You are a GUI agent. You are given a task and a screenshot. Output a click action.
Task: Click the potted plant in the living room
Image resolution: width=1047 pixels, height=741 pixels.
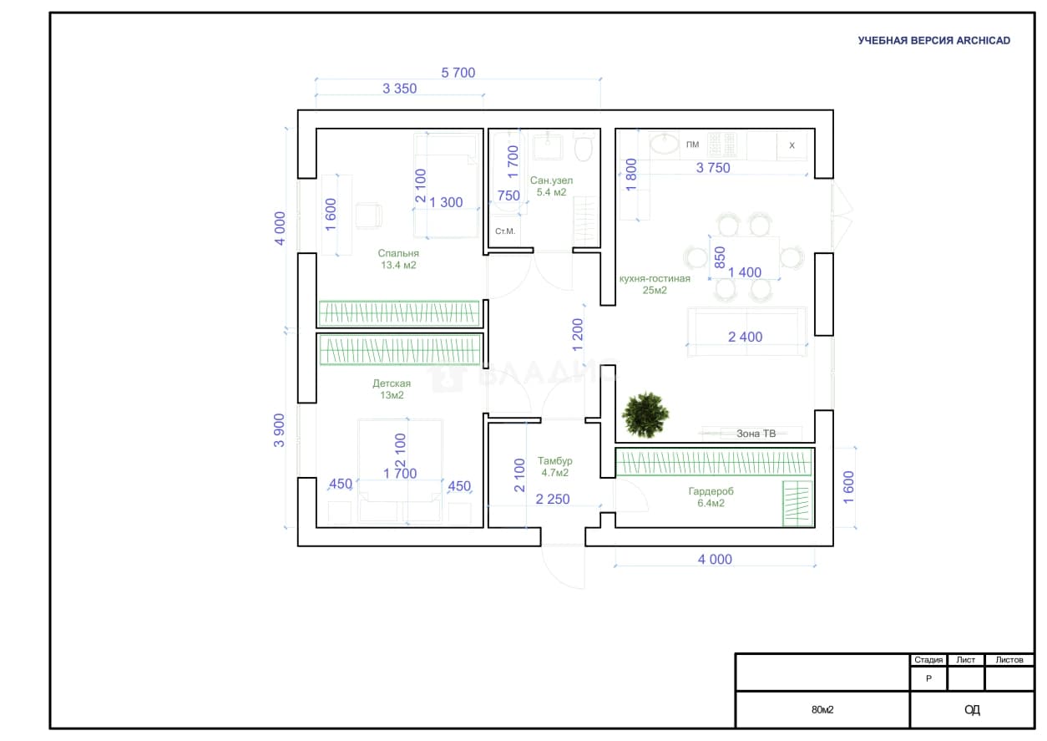645,414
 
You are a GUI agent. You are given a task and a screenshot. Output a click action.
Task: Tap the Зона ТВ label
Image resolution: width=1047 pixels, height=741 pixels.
756,434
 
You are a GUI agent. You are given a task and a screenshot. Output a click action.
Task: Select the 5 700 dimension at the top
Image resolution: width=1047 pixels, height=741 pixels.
458,73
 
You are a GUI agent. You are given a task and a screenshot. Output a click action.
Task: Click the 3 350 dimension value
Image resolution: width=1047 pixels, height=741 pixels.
400,89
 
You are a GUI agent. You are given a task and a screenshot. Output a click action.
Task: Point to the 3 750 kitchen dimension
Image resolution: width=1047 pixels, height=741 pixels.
713,168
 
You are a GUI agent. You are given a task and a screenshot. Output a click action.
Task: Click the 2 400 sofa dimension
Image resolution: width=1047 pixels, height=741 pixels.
745,337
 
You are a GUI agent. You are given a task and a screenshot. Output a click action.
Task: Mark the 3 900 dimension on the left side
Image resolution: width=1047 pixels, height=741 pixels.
279,430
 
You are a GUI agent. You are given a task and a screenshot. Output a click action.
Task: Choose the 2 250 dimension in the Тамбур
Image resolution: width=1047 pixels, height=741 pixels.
553,499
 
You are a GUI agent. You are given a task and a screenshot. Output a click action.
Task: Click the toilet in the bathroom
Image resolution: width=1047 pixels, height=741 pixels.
584,147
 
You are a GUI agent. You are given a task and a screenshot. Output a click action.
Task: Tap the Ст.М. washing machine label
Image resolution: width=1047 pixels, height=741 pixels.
505,231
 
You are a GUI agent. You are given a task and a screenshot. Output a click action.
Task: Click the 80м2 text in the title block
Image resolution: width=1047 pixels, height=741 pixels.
822,709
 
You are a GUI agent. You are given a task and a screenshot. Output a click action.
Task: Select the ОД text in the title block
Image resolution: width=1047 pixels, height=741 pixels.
972,709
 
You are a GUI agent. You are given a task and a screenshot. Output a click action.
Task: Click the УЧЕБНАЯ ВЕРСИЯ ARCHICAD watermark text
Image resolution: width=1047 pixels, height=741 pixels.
934,41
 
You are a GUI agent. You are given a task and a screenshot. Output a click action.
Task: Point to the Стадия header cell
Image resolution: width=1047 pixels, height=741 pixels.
928,660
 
